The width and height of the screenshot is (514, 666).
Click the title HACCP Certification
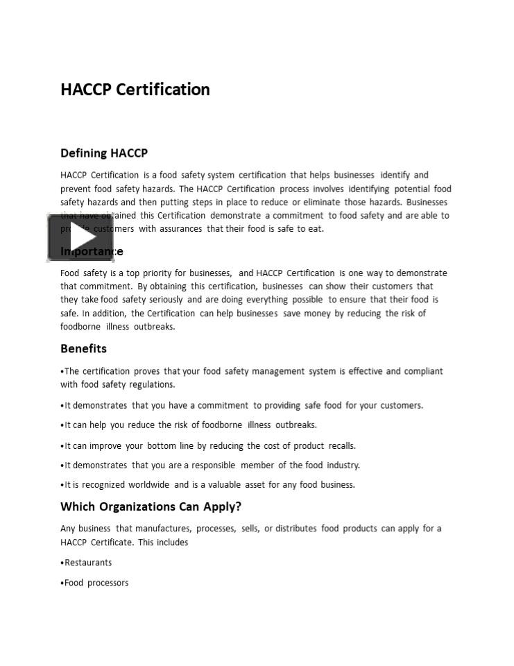point(135,89)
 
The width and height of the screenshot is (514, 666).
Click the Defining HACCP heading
point(104,153)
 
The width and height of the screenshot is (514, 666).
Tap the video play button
point(71,238)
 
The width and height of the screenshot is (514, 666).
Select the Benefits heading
point(83,348)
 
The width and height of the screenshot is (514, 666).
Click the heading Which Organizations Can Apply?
point(151,506)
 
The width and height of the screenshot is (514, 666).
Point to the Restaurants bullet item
point(88,563)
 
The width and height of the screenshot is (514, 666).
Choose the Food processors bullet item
point(96,583)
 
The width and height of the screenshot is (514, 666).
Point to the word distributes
point(296,529)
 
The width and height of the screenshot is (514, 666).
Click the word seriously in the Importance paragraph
point(162,300)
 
